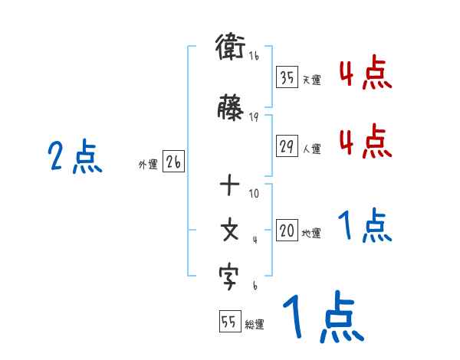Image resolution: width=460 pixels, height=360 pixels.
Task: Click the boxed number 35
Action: pos(287,77)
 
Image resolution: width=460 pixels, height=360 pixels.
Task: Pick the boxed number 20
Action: pos(287,231)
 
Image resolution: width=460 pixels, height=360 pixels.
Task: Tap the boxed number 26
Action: pos(173,162)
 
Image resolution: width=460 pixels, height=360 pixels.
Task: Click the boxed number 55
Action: pos(229,322)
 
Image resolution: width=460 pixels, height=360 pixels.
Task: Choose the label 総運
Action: pos(254,325)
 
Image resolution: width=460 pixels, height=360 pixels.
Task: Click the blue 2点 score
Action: pos(74,157)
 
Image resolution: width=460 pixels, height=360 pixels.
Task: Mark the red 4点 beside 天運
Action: pos(366,74)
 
